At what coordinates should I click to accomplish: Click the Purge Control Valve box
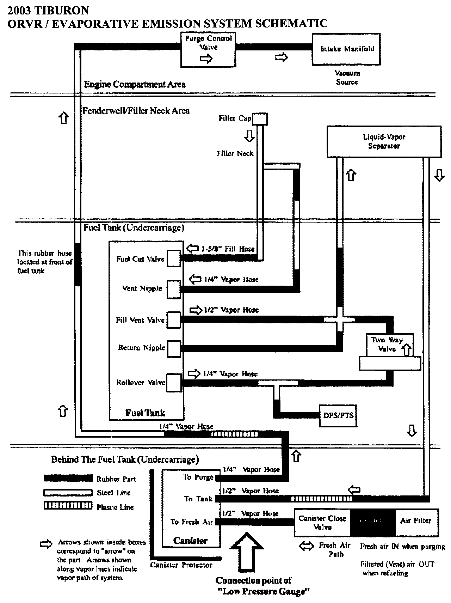click(x=208, y=49)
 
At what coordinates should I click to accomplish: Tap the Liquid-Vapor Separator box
click(x=384, y=141)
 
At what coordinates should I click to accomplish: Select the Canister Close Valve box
click(x=322, y=523)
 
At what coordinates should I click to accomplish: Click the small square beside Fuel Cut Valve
click(x=173, y=258)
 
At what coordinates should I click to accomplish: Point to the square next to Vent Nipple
click(x=173, y=289)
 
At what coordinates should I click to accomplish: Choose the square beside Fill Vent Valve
click(x=173, y=320)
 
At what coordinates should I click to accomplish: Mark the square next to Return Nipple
click(x=173, y=349)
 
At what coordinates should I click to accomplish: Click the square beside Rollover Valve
click(x=173, y=383)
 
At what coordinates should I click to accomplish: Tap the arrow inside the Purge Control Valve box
click(x=206, y=59)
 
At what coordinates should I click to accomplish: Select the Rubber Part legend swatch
click(x=68, y=479)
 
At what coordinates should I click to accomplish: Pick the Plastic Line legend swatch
click(x=68, y=506)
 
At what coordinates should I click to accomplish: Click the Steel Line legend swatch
click(x=68, y=492)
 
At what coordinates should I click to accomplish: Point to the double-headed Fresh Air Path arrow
click(x=307, y=546)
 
